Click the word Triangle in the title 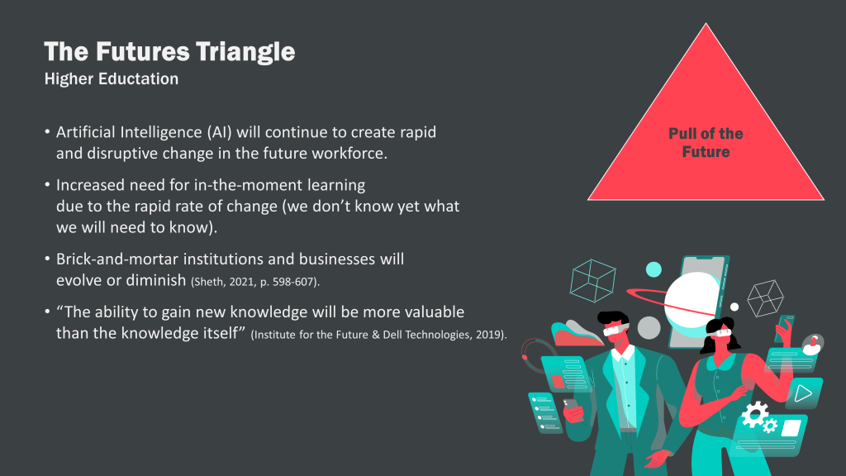pyautogui.click(x=245, y=52)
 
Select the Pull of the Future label pyautogui.click(x=706, y=142)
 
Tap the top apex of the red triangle pyautogui.click(x=706, y=23)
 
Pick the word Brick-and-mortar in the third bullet pyautogui.click(x=117, y=259)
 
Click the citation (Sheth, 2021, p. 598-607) pyautogui.click(x=255, y=282)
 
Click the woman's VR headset pyautogui.click(x=720, y=332)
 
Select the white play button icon pyautogui.click(x=803, y=393)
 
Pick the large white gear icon pyautogui.click(x=754, y=415)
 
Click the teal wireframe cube pyautogui.click(x=592, y=281)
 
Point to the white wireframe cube pyautogui.click(x=765, y=297)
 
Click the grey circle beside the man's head pyautogui.click(x=649, y=327)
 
